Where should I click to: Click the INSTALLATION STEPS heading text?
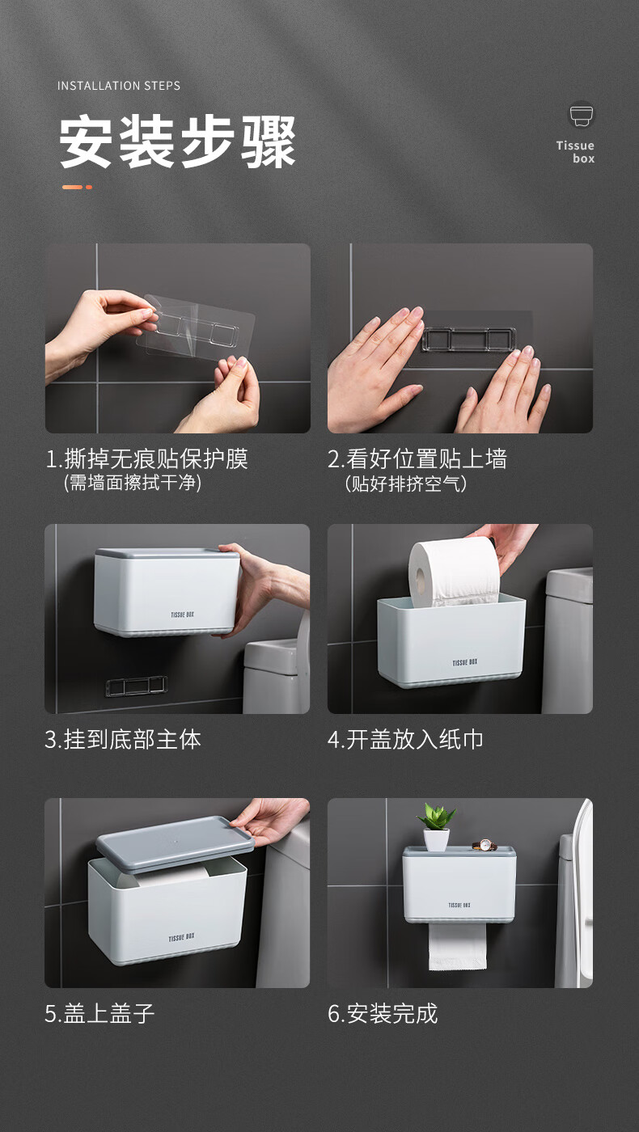coord(119,86)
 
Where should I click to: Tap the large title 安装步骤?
coord(177,142)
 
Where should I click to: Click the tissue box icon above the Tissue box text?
coord(582,115)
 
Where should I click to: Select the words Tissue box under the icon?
coord(575,152)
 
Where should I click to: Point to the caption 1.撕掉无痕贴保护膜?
coord(146,459)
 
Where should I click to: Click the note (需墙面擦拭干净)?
coord(133,483)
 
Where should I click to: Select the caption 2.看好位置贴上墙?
coord(417,459)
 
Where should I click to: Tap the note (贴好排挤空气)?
coord(405,484)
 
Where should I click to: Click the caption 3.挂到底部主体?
coord(123,739)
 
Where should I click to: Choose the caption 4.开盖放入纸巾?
coord(405,739)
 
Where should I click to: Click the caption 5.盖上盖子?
coord(99,1013)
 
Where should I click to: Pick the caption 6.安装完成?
coord(383,1013)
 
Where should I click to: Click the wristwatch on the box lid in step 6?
coord(485,844)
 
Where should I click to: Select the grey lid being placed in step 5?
coord(175,843)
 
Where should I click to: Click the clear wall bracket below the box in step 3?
coord(136,686)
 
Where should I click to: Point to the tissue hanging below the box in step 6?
coord(458,947)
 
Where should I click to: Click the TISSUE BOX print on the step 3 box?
coord(182,615)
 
